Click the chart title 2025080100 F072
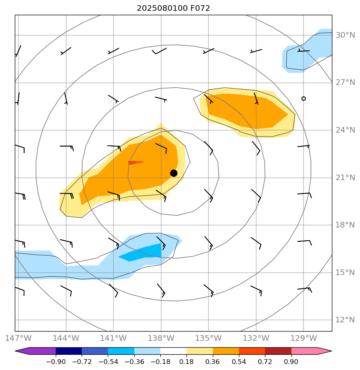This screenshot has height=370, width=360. point(173,8)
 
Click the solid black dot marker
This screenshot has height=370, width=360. point(174,173)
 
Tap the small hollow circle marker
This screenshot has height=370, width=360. point(303,99)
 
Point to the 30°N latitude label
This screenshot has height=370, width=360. point(345,35)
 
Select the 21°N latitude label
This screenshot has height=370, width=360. point(345,178)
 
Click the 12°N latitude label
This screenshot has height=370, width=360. point(345,320)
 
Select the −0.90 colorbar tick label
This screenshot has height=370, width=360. point(56,362)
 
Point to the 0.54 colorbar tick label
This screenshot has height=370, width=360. point(239,362)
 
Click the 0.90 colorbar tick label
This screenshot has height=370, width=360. point(291,362)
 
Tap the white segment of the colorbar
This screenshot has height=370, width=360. point(173,351)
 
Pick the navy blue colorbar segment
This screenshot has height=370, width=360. point(69,351)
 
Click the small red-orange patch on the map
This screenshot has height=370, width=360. point(135,163)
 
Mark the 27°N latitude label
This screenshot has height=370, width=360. point(345,83)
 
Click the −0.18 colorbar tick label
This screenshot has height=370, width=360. point(160,362)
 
